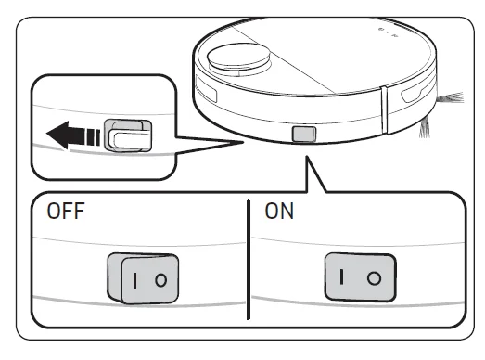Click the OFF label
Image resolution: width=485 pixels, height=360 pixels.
click(66, 212)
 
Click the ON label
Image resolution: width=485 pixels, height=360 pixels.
click(279, 212)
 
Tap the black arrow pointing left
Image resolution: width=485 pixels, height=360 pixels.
click(73, 135)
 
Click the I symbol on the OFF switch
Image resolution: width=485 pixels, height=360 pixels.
click(134, 280)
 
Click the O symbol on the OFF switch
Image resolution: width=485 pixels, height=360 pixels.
click(160, 280)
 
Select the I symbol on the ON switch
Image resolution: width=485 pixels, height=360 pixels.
click(341, 276)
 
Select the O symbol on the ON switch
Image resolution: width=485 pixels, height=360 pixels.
click(374, 278)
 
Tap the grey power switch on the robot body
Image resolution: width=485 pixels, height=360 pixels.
click(304, 134)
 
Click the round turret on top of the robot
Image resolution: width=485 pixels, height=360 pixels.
click(239, 60)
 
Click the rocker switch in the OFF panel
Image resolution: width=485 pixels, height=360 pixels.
click(143, 278)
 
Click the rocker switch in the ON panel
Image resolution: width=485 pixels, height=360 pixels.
click(361, 277)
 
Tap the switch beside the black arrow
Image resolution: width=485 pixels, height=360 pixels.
click(128, 135)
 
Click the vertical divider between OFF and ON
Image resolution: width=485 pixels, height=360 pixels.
click(249, 260)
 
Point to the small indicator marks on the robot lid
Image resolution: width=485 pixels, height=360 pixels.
click(388, 32)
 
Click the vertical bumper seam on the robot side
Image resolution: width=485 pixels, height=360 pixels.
click(384, 110)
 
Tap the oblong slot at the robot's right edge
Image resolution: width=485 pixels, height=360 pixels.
click(415, 94)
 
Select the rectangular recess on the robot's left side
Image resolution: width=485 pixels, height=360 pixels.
click(206, 90)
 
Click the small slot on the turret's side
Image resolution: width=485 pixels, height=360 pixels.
click(237, 73)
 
